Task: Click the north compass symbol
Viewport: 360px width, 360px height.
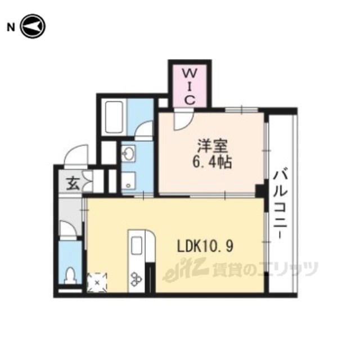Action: [33, 26]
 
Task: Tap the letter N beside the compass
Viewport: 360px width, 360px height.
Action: [10, 28]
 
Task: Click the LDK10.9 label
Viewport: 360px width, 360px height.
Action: [205, 246]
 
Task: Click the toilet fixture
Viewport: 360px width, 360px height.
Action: [70, 275]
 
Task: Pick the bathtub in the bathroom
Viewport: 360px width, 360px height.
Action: [114, 117]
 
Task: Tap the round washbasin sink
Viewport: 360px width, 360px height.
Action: [128, 154]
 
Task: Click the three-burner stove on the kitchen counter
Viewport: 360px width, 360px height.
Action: [136, 279]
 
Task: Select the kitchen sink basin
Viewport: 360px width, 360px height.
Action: [136, 245]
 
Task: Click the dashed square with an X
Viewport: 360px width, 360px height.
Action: [97, 282]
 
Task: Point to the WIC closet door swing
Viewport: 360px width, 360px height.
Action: [183, 119]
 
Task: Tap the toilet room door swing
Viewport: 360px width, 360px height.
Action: [68, 228]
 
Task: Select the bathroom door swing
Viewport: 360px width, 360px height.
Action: [144, 130]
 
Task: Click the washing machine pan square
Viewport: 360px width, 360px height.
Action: [128, 181]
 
